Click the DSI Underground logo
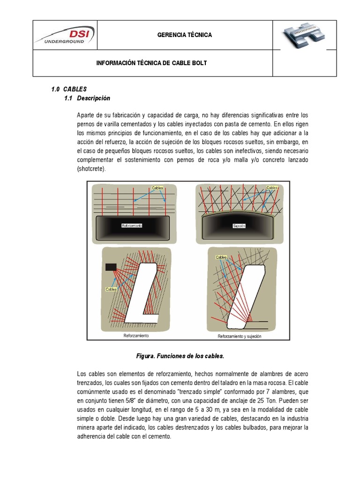[x=65, y=35]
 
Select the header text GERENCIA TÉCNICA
[x=184, y=35]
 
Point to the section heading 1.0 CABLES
[x=69, y=89]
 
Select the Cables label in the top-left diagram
[x=157, y=188]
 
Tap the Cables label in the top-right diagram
[x=272, y=188]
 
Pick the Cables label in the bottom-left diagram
[x=111, y=289]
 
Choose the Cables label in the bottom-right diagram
[x=221, y=257]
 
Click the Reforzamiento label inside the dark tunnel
[x=132, y=225]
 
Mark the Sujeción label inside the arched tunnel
[x=240, y=226]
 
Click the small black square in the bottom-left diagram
[x=111, y=267]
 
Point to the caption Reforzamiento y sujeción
[x=240, y=336]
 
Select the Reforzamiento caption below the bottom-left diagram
[x=136, y=336]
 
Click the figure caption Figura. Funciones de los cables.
[x=180, y=357]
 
